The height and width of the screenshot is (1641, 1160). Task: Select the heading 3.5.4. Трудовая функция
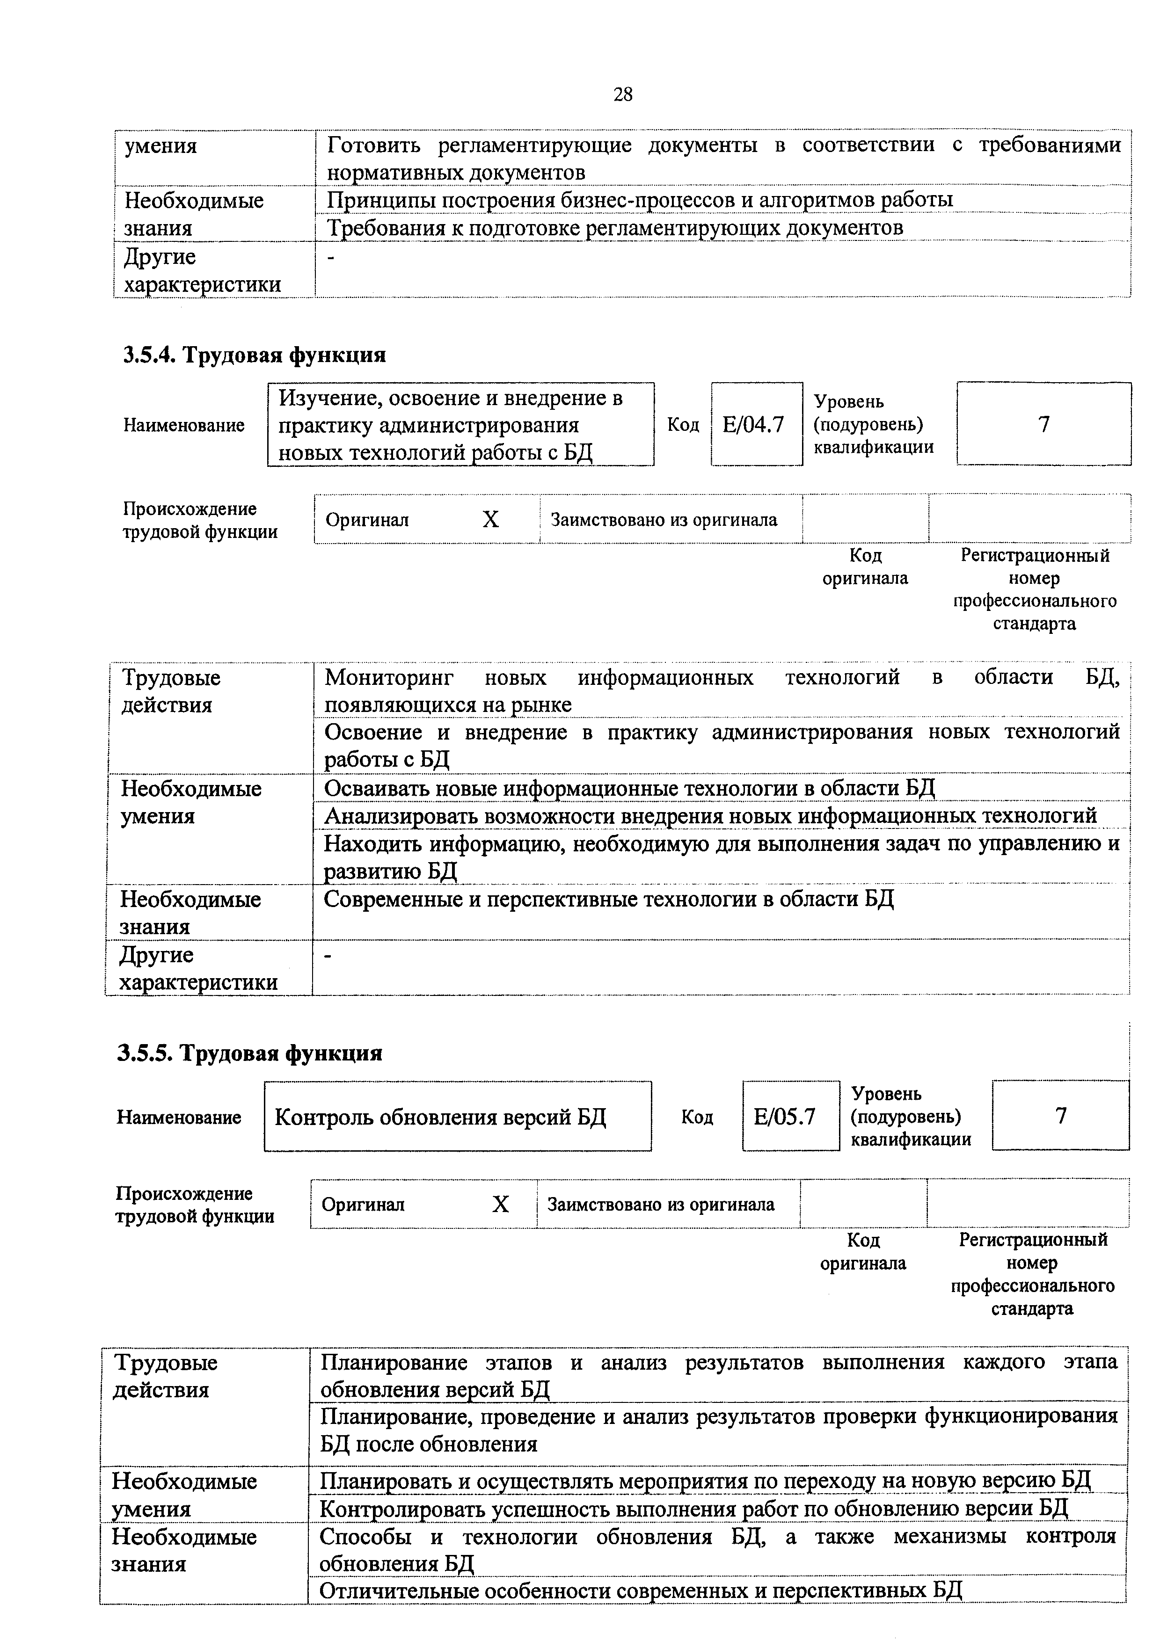tap(255, 355)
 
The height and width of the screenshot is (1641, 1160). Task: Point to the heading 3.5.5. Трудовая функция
tap(250, 1053)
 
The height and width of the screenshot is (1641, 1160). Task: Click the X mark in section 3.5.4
tap(490, 520)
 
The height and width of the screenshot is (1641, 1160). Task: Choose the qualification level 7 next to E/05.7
tap(1061, 1116)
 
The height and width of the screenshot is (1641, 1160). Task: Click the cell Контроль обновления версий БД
tap(440, 1117)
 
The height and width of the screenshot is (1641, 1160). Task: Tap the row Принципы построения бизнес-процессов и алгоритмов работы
tap(640, 200)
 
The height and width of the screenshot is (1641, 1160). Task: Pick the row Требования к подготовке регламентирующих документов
tap(615, 228)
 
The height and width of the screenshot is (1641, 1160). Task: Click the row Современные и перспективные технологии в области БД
tap(608, 899)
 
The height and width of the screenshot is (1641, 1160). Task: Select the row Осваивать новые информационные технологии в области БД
tap(629, 788)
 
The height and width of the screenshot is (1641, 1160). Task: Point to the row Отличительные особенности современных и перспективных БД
tap(641, 1590)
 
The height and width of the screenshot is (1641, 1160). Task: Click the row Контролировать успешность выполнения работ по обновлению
tap(693, 1508)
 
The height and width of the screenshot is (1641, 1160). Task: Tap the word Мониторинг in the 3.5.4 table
tap(389, 677)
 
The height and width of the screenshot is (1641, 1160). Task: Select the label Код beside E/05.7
tap(697, 1117)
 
